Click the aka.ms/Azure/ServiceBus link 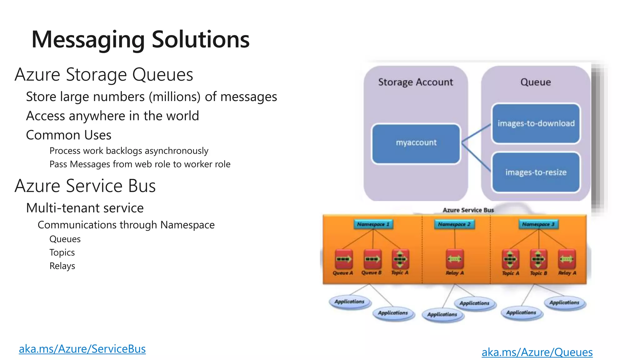point(82,349)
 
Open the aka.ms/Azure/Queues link point(537,352)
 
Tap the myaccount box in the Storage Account point(416,143)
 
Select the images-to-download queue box point(536,123)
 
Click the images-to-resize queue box point(536,172)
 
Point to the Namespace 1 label point(373,224)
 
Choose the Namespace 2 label point(454,224)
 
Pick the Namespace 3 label point(538,224)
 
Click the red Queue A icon point(344,259)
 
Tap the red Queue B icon point(372,259)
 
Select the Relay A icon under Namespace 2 point(455,259)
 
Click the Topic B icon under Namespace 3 point(538,259)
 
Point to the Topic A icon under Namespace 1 point(400,259)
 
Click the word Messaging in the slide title point(88,40)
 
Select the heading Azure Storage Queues point(104,75)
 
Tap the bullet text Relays point(62,266)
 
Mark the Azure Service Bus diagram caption point(468,210)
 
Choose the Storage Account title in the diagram point(415,82)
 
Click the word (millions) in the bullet point(174,97)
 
